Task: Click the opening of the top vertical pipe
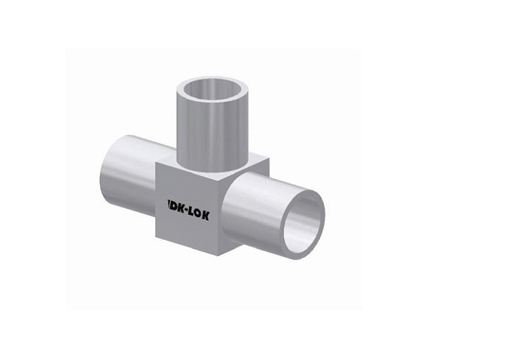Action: pos(214,89)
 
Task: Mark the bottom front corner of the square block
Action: pos(221,255)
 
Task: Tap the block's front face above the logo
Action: pos(188,184)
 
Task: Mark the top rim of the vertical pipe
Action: pos(214,77)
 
